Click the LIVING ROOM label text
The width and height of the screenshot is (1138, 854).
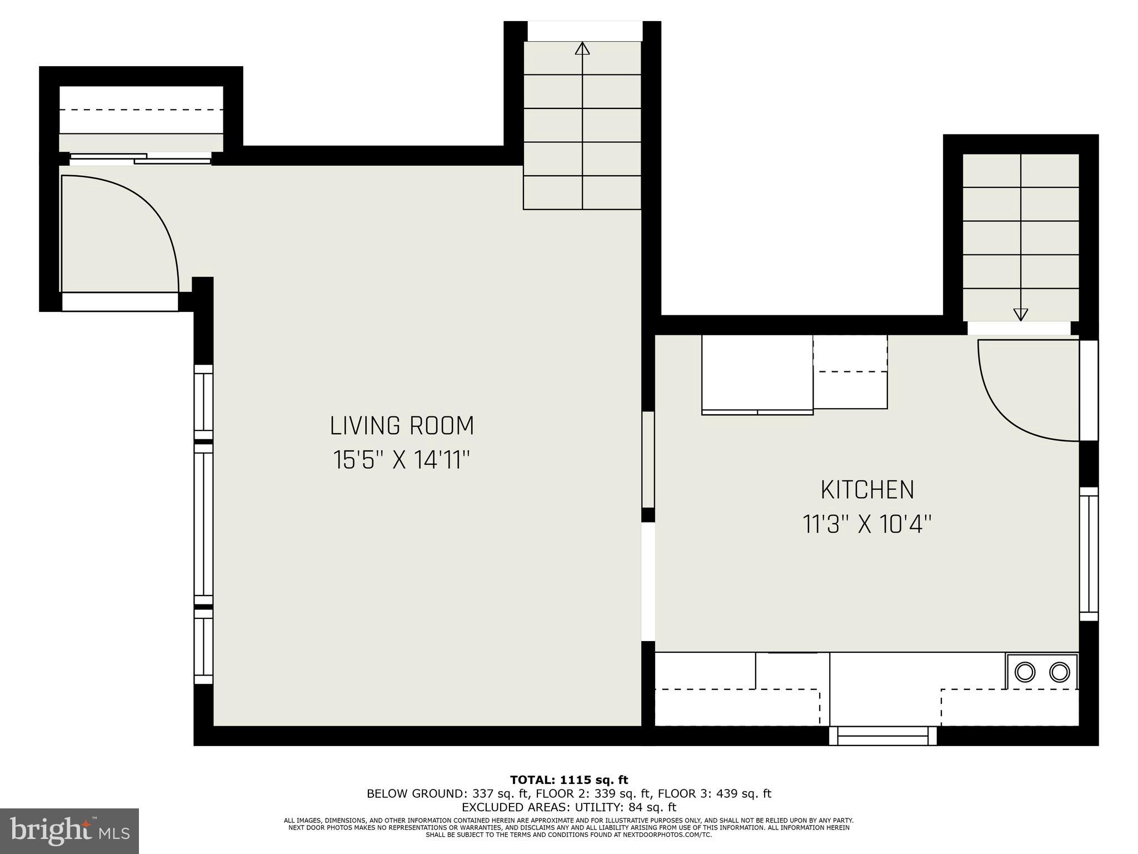[402, 426]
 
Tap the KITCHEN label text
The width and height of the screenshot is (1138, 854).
[867, 490]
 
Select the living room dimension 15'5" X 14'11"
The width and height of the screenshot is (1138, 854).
[402, 460]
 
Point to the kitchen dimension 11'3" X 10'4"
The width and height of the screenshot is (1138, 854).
[867, 524]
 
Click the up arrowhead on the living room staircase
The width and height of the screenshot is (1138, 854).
[582, 48]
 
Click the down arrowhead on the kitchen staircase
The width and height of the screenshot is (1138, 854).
[1020, 315]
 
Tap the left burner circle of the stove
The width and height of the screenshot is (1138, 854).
[1025, 672]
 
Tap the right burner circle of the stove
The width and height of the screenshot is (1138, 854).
[1059, 672]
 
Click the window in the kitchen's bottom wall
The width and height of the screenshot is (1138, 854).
[882, 736]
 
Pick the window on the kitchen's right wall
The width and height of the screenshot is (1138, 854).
[1089, 554]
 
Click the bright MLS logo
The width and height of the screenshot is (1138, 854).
[69, 831]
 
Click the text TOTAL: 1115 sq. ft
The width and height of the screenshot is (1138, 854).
[568, 780]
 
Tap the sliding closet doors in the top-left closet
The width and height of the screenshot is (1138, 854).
[140, 159]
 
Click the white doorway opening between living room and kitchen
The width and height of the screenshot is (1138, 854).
[648, 581]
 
